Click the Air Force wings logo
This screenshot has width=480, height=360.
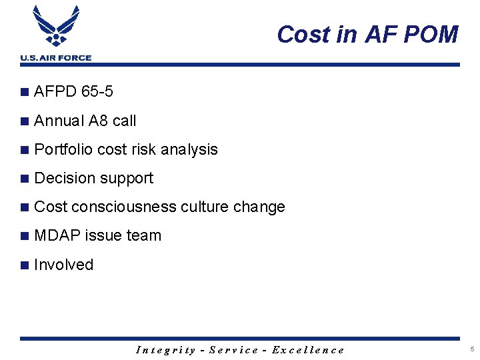tap(56, 27)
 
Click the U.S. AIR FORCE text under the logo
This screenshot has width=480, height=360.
tap(56, 58)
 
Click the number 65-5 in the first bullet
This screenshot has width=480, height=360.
tap(97, 91)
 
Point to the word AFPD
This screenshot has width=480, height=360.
tap(55, 91)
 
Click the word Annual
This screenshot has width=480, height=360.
tap(59, 121)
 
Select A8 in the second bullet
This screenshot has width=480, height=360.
tap(98, 121)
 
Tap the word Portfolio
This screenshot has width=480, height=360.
tap(63, 149)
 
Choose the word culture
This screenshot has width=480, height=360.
tap(207, 207)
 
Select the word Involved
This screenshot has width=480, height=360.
tap(63, 265)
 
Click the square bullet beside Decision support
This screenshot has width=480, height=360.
tap(25, 179)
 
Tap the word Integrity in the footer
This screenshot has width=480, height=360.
tap(165, 349)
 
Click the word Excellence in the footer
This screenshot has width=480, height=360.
tap(308, 349)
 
